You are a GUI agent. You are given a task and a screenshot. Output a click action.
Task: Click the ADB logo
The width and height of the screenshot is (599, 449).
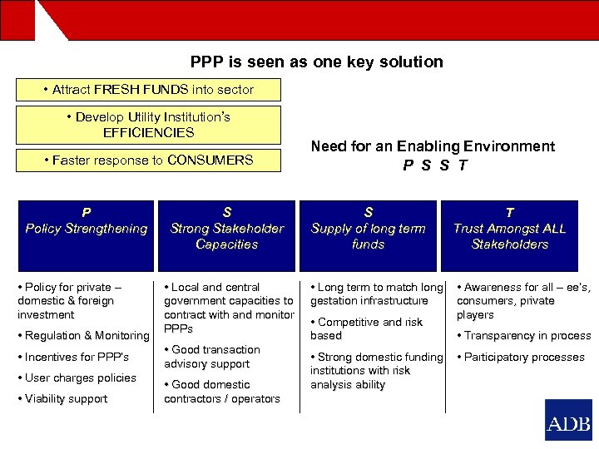pyautogui.click(x=568, y=421)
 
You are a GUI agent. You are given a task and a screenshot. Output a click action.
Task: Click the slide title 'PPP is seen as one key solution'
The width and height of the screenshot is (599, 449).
pyautogui.click(x=316, y=62)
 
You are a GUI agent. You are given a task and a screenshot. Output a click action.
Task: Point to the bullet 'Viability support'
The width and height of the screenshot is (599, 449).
pyautogui.click(x=66, y=399)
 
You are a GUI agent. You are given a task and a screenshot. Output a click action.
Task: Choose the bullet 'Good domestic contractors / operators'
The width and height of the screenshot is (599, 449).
pyautogui.click(x=222, y=392)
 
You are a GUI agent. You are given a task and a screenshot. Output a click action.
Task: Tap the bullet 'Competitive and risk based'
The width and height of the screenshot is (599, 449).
pyautogui.click(x=366, y=328)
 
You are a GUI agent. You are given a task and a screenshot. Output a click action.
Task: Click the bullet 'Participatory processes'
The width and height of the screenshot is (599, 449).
pyautogui.click(x=523, y=358)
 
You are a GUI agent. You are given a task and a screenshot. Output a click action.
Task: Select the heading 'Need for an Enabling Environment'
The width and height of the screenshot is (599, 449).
pyautogui.click(x=433, y=146)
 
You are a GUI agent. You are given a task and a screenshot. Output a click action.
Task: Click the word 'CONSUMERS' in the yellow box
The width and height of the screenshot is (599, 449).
pyautogui.click(x=210, y=160)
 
